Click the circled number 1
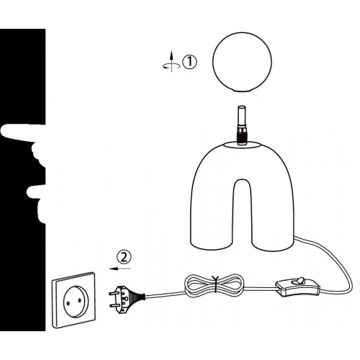coord(189,62)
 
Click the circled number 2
coord(124,258)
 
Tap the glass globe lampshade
coord(242,63)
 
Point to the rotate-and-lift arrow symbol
coord(171,62)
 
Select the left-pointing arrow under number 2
coord(120,269)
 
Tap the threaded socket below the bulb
coord(242,136)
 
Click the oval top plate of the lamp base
coord(242,145)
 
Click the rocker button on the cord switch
coord(300,280)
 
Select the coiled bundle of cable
coord(213,285)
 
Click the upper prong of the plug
coord(113,293)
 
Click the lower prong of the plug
coord(114,305)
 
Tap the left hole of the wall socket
coord(68,304)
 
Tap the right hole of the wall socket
coord(79,300)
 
